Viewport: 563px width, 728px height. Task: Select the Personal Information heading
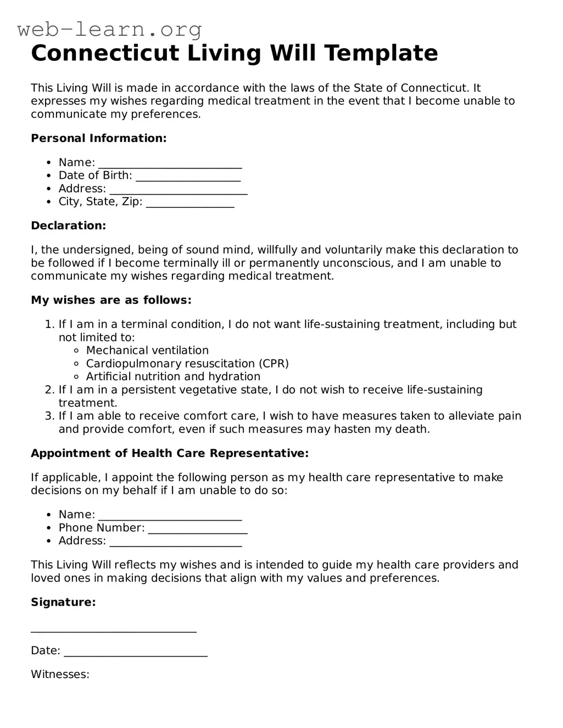(x=99, y=138)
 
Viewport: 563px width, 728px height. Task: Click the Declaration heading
(x=69, y=225)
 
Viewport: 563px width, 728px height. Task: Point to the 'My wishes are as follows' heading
(x=111, y=300)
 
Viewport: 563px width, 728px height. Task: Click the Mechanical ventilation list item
(x=147, y=351)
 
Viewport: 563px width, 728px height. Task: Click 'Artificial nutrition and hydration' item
(x=173, y=377)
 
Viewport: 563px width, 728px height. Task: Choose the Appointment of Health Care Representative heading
(x=170, y=453)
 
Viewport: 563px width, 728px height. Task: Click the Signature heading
(x=63, y=602)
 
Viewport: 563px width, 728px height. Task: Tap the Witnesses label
(x=60, y=674)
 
